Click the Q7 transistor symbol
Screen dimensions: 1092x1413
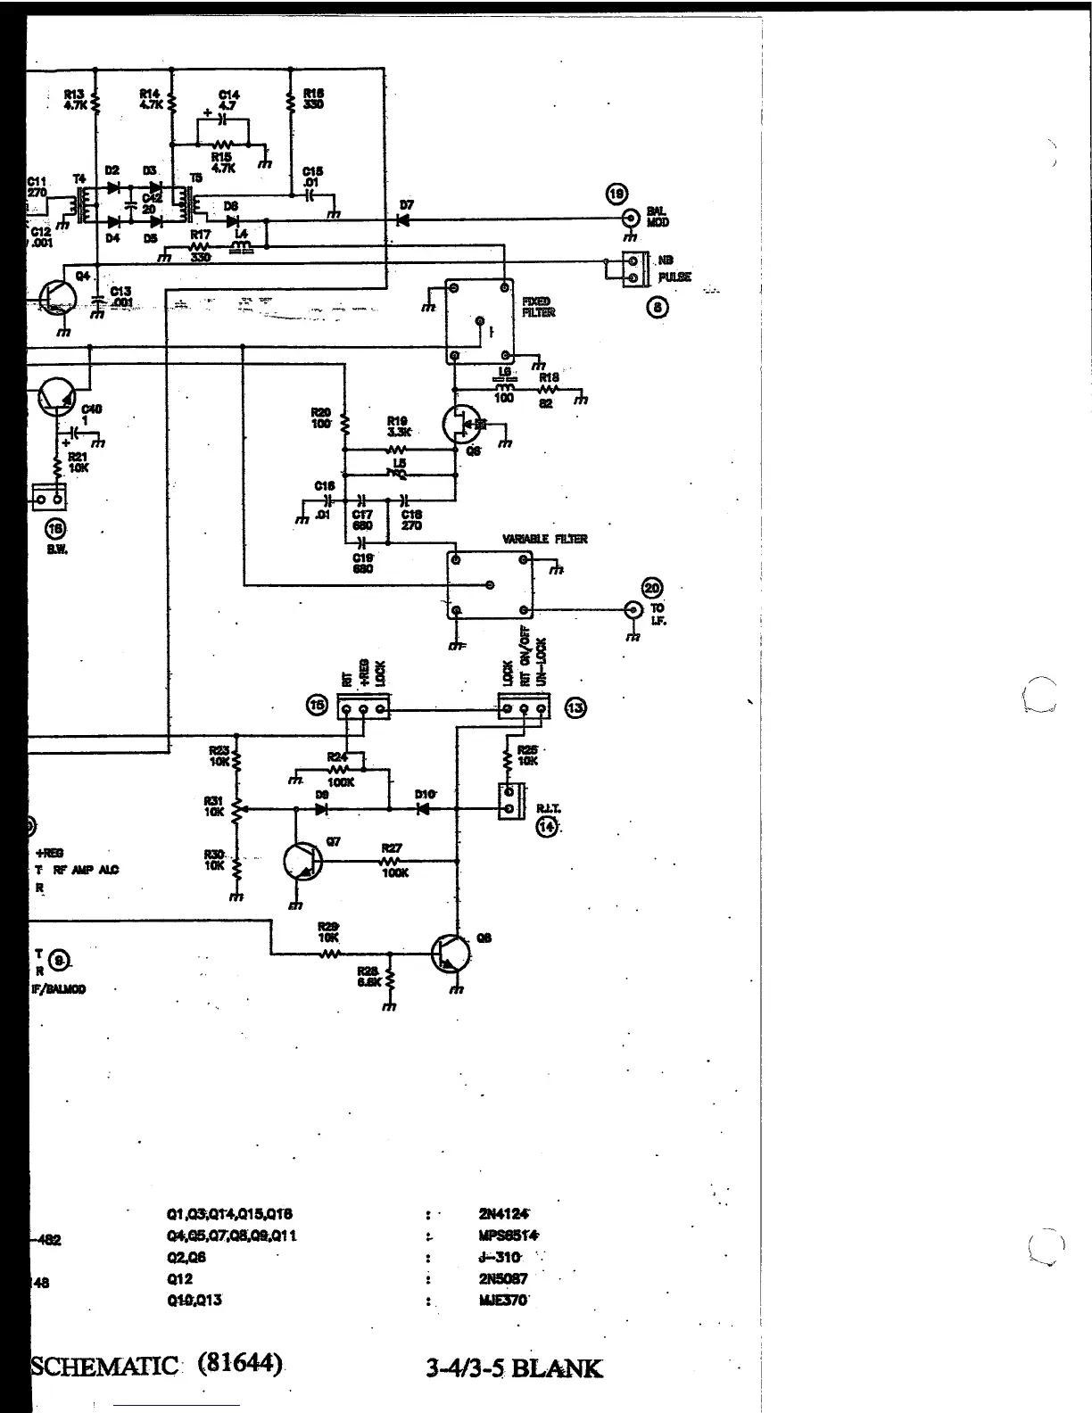click(302, 862)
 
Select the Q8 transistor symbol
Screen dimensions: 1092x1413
click(449, 954)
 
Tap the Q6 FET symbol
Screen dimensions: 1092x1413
click(461, 426)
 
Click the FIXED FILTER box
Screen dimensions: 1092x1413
click(480, 320)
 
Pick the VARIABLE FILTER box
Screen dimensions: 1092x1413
click(489, 585)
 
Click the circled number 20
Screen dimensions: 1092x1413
click(653, 587)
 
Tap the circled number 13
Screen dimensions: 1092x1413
click(576, 708)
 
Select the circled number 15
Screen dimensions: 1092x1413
click(317, 705)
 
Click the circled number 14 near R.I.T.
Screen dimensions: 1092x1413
click(547, 827)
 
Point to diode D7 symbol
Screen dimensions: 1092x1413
click(403, 219)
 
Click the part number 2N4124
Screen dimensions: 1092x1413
click(504, 1214)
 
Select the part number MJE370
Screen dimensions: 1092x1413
click(503, 1301)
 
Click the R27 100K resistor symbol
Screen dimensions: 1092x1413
click(391, 862)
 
